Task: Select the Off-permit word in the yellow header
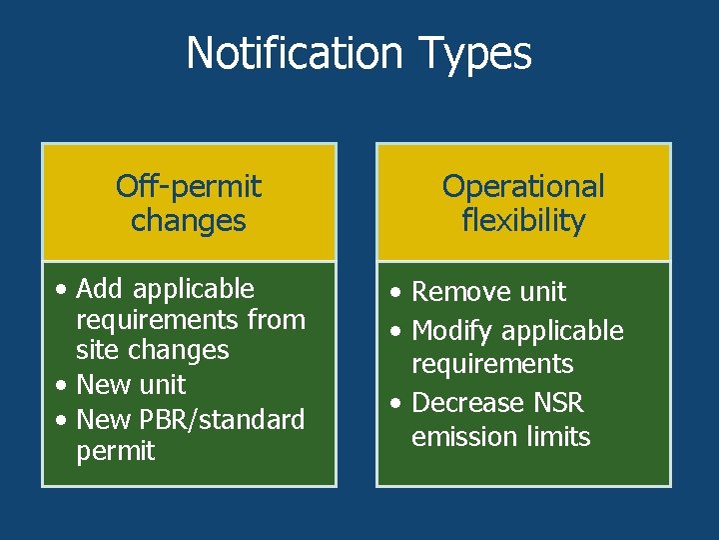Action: pos(188,186)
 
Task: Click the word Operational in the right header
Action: pos(523,186)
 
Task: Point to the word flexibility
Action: pos(523,220)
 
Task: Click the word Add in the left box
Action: pos(100,289)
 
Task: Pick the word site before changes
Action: pos(96,350)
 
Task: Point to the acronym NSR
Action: pos(558,403)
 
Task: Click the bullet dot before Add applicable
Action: pos(62,290)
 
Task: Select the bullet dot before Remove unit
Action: pos(397,293)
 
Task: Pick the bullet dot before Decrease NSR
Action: pos(397,404)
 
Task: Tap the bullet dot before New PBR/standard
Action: pos(62,420)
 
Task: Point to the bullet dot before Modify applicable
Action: pos(397,332)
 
